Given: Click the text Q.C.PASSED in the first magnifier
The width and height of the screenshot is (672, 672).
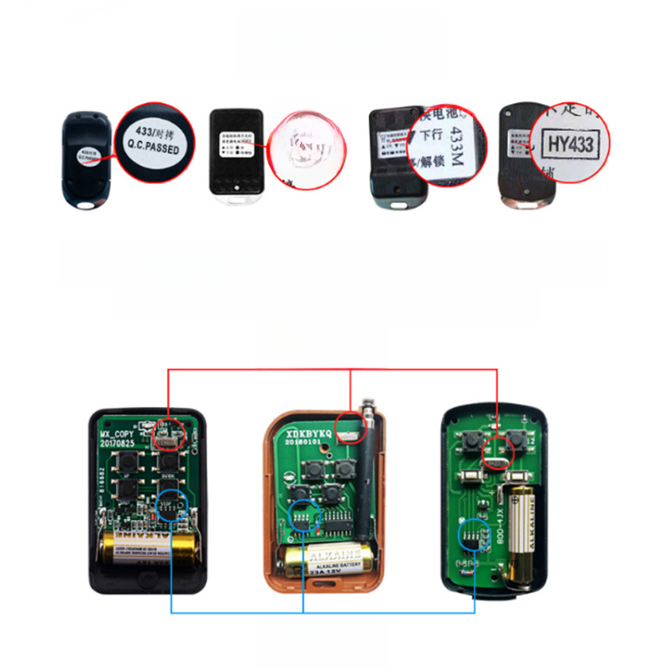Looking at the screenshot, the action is [154, 149].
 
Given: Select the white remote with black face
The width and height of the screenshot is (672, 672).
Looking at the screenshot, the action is [237, 156].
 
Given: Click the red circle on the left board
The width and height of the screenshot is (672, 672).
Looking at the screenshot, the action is [171, 431].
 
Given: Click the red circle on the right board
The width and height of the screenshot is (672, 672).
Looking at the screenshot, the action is [497, 450].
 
